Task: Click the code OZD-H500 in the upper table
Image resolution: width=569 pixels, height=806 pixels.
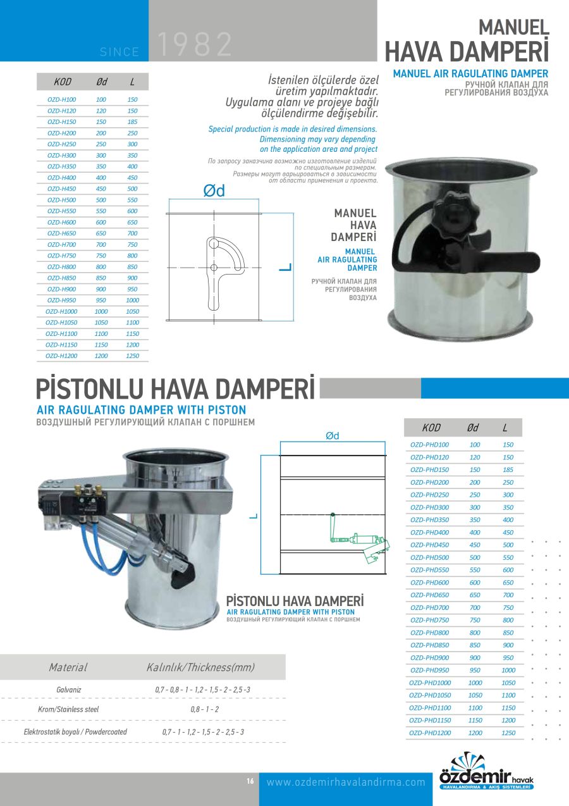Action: click(61, 200)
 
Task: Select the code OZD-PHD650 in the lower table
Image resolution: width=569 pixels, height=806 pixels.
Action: click(429, 595)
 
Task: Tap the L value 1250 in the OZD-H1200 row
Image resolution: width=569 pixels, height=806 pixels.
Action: click(132, 356)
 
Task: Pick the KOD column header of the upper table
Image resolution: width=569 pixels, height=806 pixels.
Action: click(63, 82)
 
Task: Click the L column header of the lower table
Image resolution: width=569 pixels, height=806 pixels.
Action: click(505, 428)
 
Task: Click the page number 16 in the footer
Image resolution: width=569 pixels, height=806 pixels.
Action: click(250, 782)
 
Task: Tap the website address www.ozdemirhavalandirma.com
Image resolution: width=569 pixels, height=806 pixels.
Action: click(346, 783)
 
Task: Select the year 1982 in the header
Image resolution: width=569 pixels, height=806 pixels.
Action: click(194, 45)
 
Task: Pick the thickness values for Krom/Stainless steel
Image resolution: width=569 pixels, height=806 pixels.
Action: click(204, 710)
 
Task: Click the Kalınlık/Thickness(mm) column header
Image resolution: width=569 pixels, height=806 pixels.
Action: click(200, 668)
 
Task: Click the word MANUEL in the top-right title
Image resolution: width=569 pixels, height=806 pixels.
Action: click(513, 27)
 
